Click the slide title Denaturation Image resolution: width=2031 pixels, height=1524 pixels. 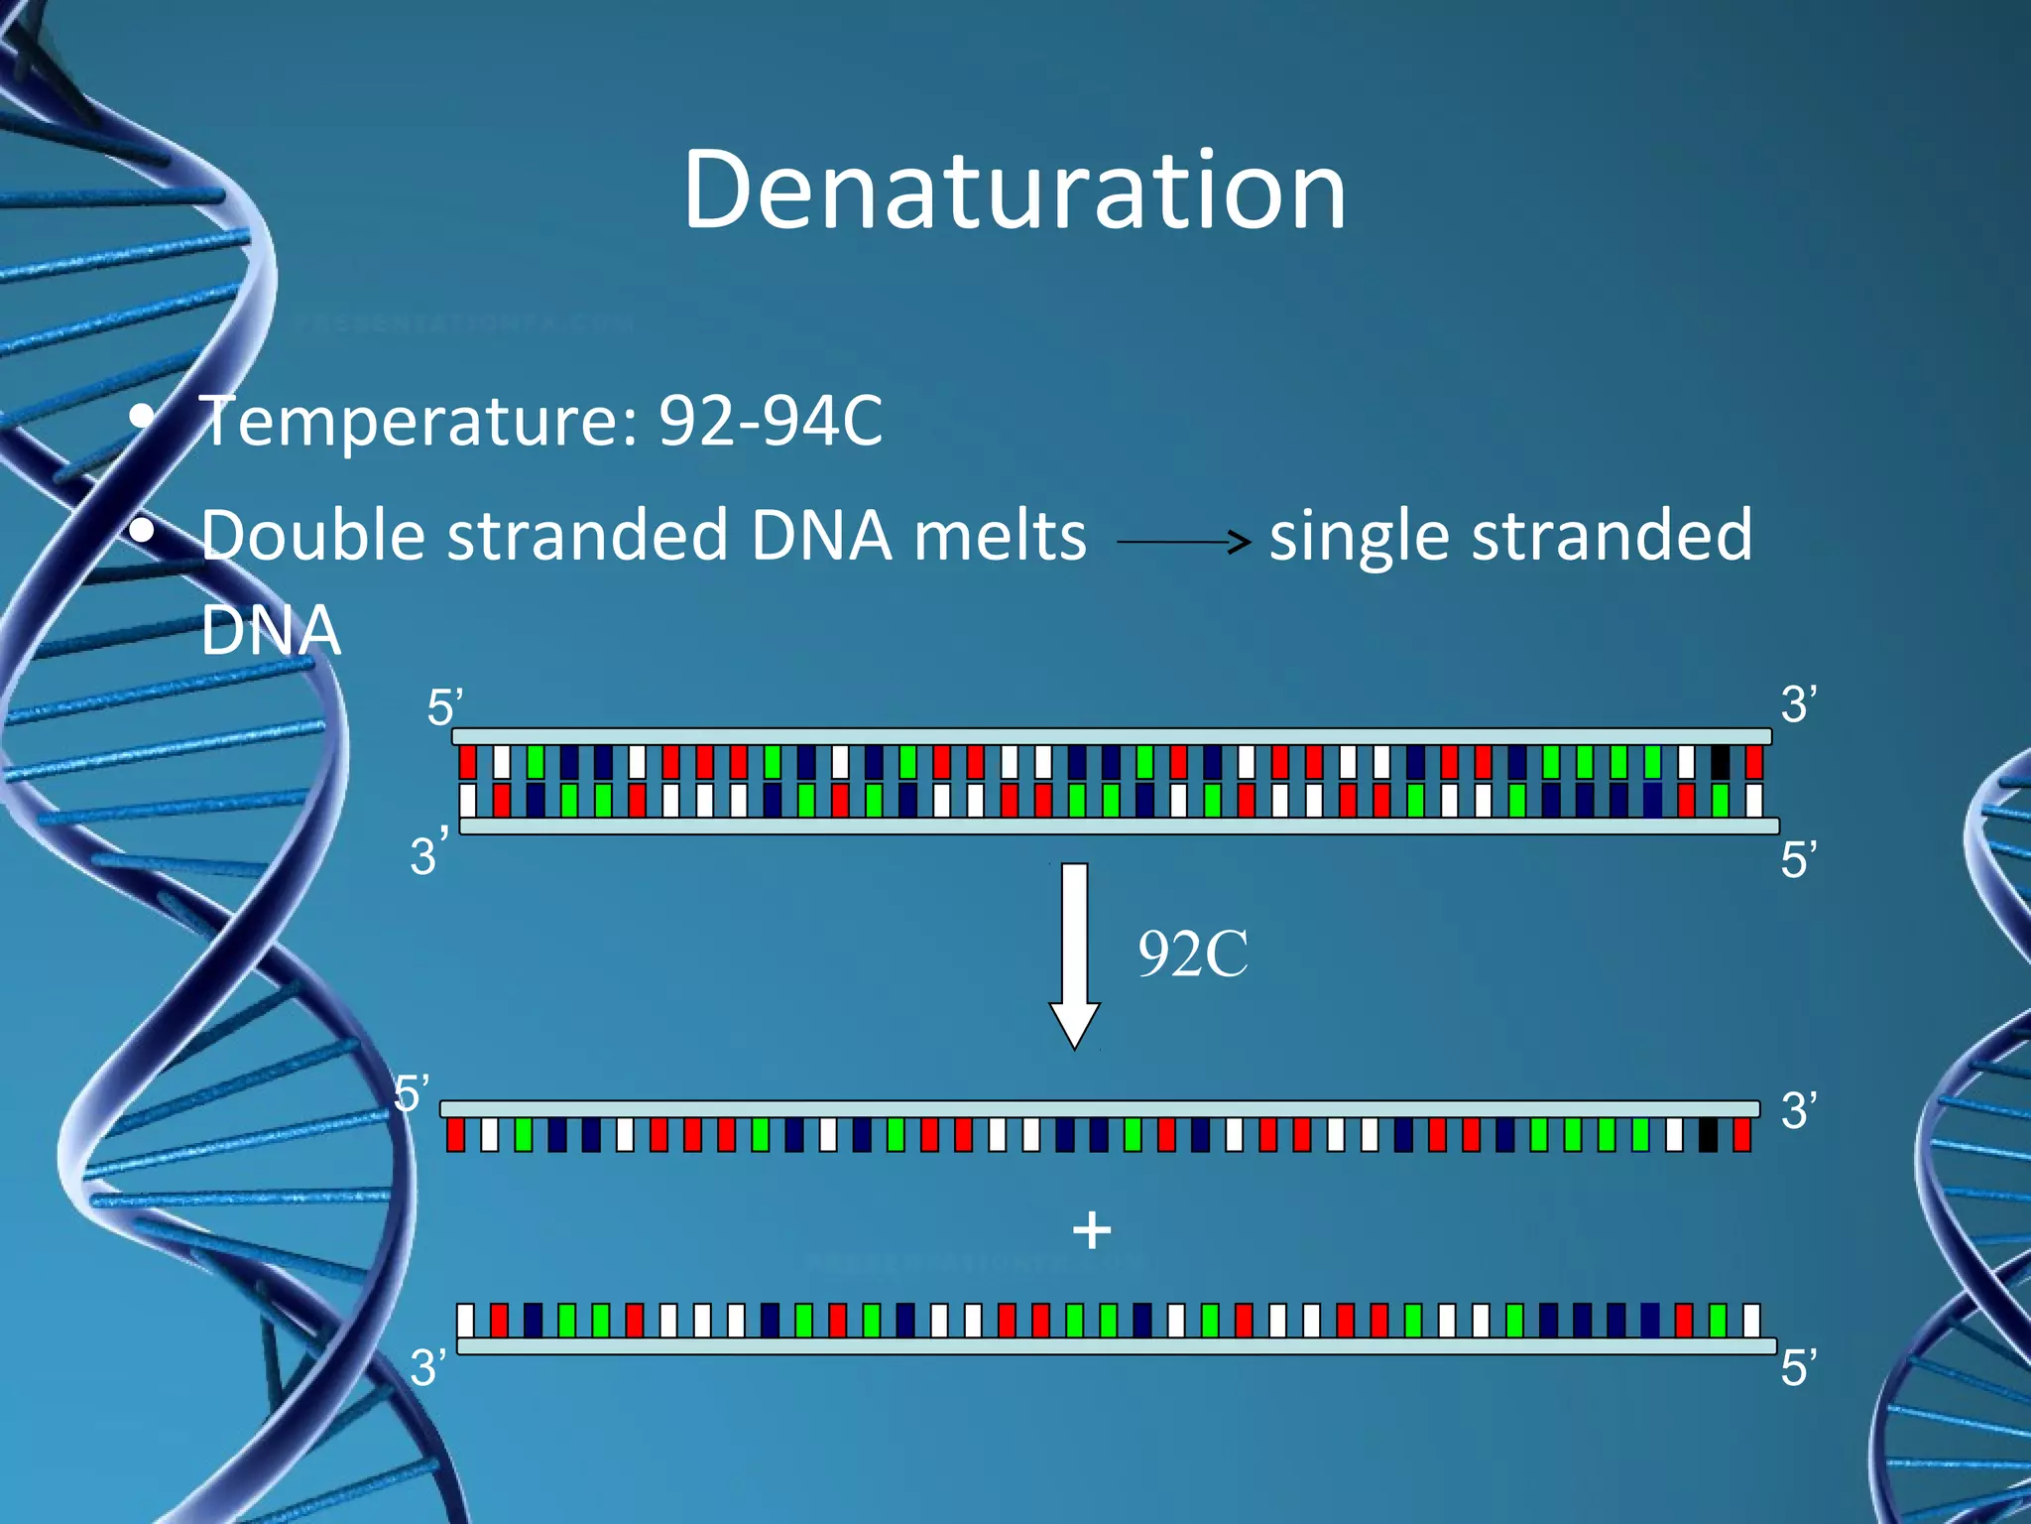click(1015, 190)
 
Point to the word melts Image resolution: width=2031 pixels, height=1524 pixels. click(1000, 536)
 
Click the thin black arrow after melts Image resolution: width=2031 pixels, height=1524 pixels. click(1182, 541)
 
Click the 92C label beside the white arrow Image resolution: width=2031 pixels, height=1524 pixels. click(1193, 954)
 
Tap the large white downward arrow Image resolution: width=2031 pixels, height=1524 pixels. click(1074, 952)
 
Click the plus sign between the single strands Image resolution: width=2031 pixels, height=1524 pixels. click(1092, 1230)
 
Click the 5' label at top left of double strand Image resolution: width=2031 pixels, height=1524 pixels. click(444, 707)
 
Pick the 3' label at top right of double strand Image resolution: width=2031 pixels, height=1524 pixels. click(1798, 704)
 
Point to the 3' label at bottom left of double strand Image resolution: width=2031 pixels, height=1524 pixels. click(427, 854)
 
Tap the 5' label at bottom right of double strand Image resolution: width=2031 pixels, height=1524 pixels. click(1798, 859)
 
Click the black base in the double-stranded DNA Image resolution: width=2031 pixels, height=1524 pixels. click(1721, 762)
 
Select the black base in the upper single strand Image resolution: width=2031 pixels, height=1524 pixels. click(1708, 1134)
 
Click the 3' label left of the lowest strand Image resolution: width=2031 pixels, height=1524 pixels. click(427, 1367)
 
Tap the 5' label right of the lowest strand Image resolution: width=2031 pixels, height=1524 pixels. click(1798, 1367)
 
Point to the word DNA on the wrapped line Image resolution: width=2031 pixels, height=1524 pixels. click(271, 630)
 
